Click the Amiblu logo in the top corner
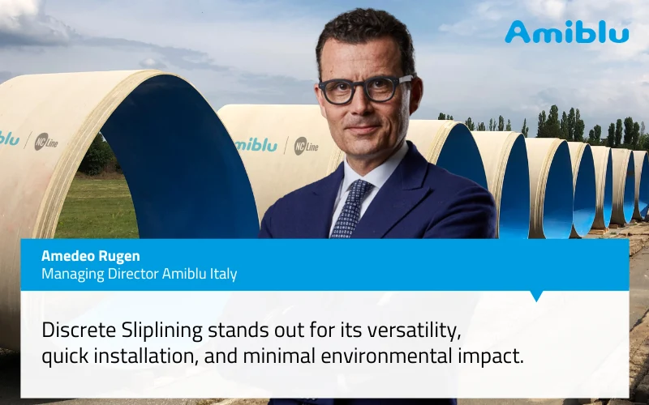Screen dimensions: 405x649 pos(566,32)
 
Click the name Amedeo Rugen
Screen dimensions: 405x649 pos(90,256)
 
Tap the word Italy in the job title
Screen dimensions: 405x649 pos(221,274)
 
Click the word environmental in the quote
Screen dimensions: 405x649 pos(368,356)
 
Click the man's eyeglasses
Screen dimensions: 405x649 pos(365,88)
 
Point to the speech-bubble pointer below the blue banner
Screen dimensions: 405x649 pos(536,296)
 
